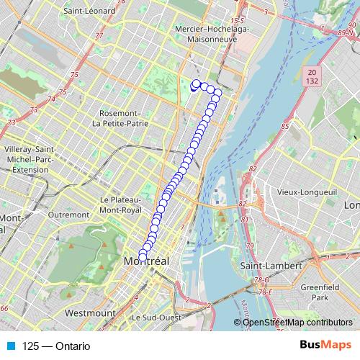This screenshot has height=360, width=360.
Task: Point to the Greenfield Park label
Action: tap(321, 292)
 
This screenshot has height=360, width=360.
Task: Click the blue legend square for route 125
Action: tap(11, 346)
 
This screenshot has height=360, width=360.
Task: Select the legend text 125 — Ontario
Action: tap(56, 346)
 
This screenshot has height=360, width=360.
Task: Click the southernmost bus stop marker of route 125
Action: tap(143, 257)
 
